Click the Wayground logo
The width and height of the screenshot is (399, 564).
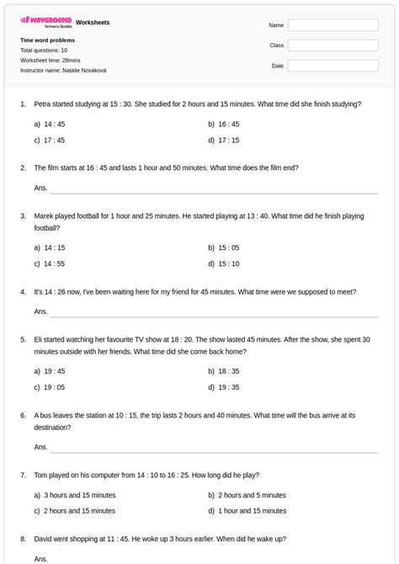[45, 21]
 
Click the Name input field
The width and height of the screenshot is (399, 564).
[332, 25]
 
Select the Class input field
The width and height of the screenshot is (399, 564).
[332, 45]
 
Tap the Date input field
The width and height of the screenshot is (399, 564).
[332, 66]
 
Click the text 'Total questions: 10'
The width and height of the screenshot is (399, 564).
[44, 51]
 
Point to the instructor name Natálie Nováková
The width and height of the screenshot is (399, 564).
[84, 71]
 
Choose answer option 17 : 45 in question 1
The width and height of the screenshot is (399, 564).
[54, 141]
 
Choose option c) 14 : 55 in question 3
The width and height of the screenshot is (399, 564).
[54, 263]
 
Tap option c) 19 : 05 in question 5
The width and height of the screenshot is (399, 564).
[54, 387]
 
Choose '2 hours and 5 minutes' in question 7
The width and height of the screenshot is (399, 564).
[252, 495]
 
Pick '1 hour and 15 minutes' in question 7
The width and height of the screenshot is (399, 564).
[252, 511]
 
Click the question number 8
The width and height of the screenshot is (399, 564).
[24, 539]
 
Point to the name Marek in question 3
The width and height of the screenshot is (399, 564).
[44, 216]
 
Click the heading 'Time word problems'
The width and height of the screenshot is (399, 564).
[47, 40]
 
